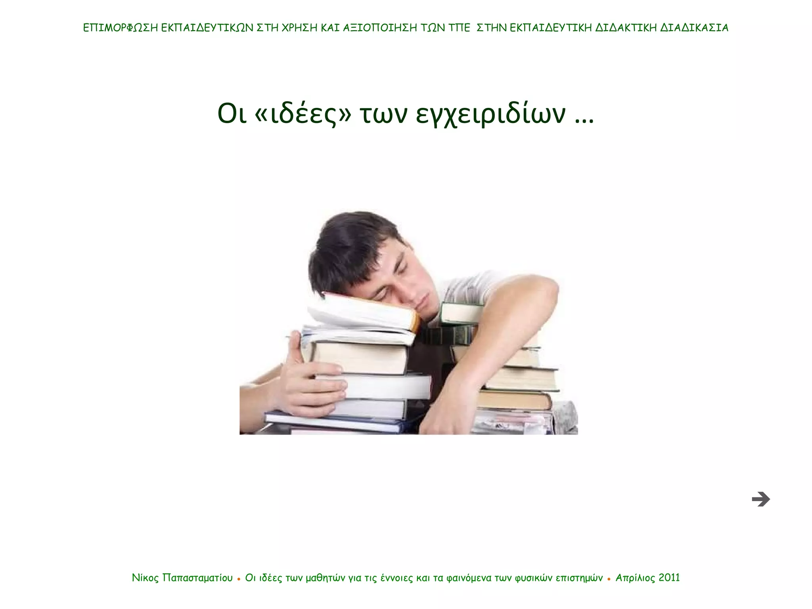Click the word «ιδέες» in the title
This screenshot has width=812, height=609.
(x=303, y=114)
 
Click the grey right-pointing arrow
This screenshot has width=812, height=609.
(x=760, y=499)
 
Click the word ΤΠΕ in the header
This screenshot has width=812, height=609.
(x=459, y=28)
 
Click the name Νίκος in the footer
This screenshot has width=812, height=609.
(x=145, y=578)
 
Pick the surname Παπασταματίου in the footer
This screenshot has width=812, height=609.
(x=197, y=578)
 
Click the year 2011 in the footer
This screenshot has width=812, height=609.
(x=669, y=578)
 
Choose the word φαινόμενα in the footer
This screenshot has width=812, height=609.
(x=469, y=578)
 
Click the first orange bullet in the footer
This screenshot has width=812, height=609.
(x=239, y=579)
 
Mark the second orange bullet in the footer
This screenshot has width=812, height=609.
(x=609, y=579)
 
